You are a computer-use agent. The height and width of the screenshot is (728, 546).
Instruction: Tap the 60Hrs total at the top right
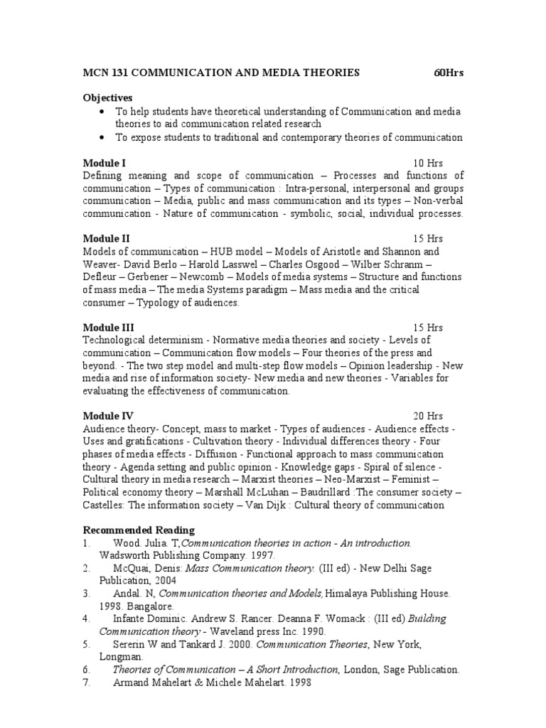[449, 73]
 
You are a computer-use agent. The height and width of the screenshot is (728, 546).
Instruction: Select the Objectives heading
[108, 97]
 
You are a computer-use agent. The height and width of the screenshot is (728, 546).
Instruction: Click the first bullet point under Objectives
[103, 112]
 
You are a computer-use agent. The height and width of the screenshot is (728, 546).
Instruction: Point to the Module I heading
[105, 163]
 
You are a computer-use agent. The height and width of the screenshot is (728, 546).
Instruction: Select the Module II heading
[107, 238]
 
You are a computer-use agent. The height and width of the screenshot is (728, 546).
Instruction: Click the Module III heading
[108, 327]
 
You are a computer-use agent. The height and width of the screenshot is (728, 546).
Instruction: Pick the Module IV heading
[108, 415]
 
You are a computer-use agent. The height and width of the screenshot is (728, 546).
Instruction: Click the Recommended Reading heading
[139, 530]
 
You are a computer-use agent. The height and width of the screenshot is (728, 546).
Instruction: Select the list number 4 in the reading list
[86, 619]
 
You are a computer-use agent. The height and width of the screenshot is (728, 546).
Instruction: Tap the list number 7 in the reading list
[86, 682]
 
